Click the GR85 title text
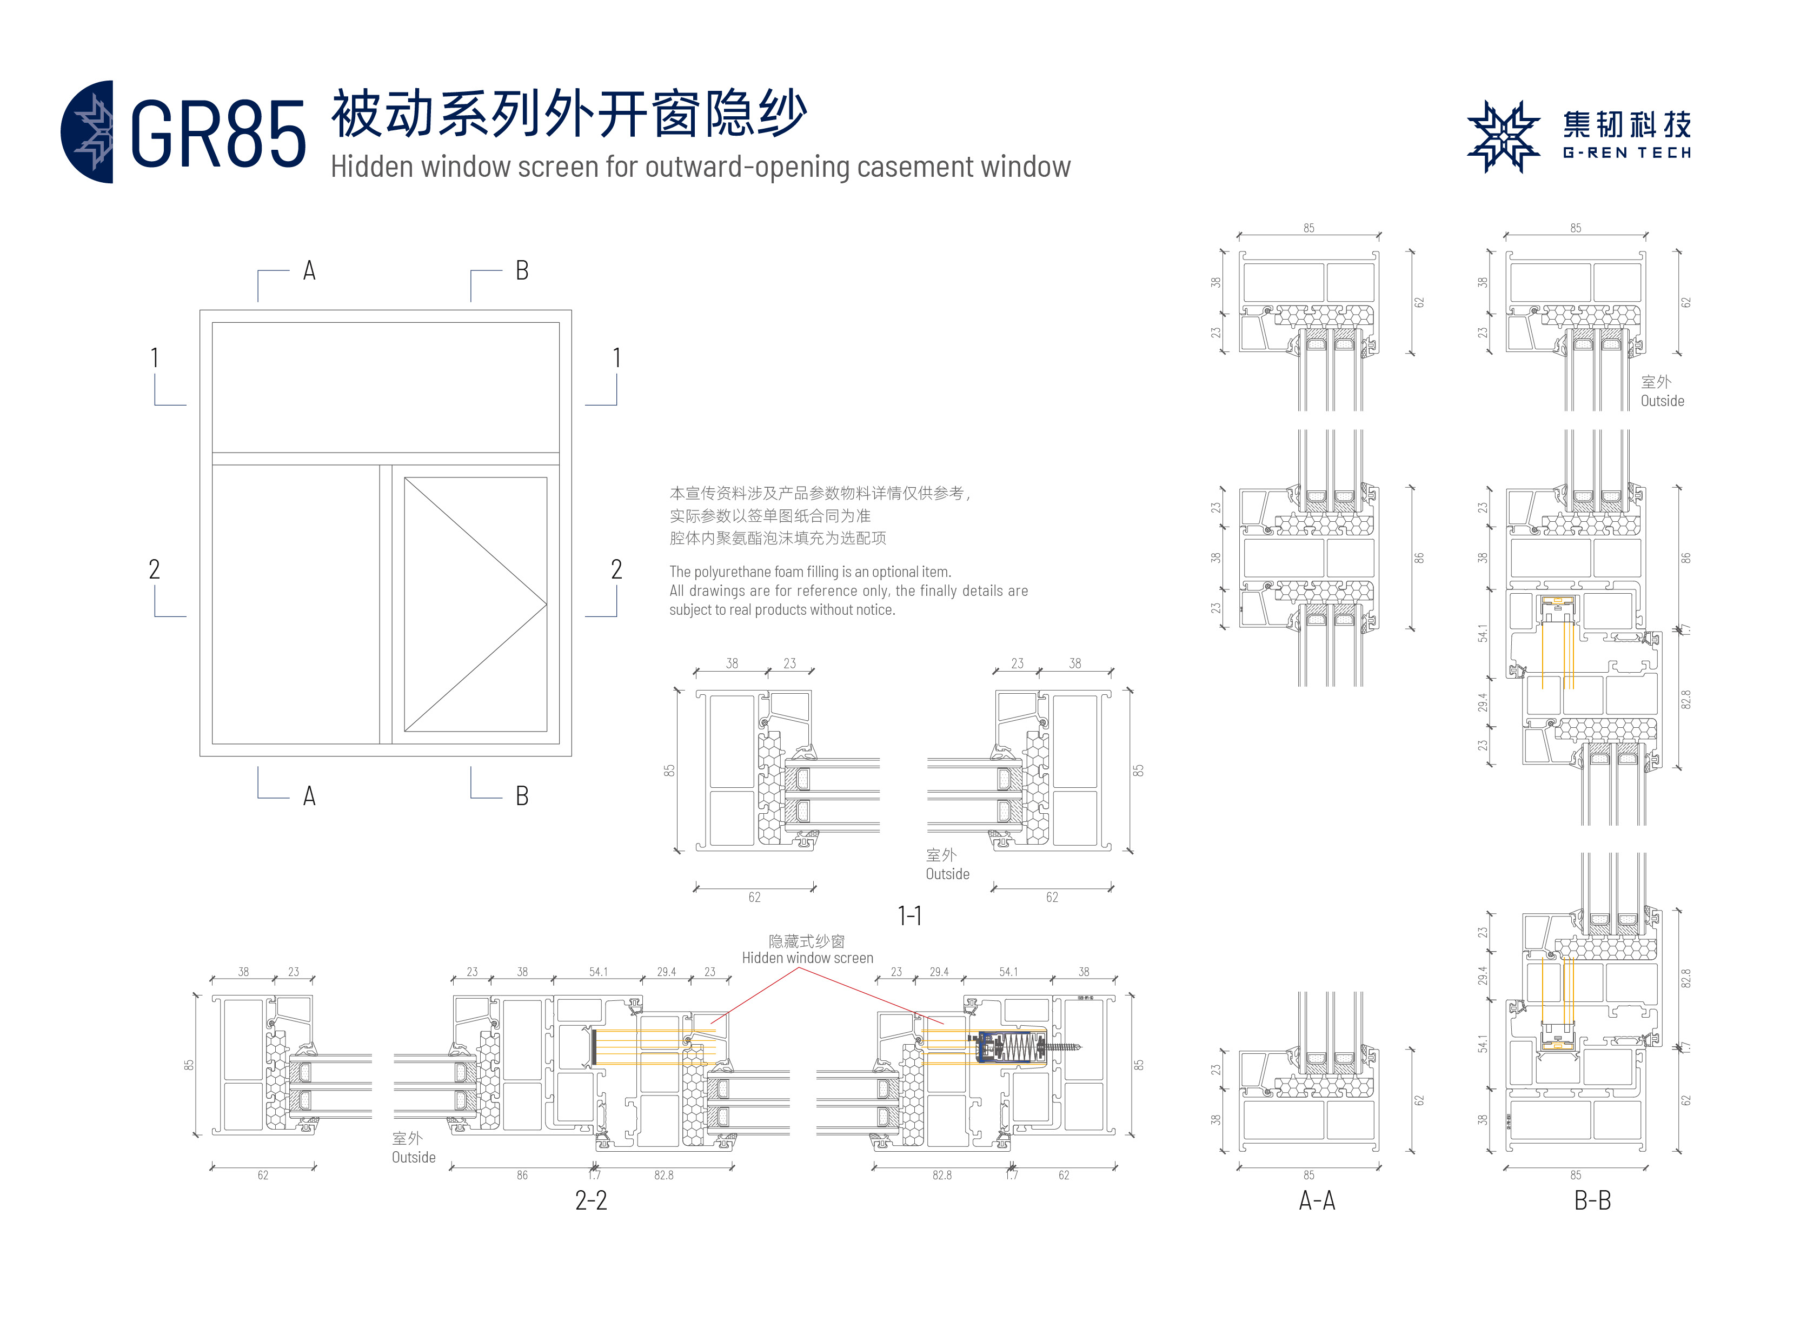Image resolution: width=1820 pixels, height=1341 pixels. coord(217,135)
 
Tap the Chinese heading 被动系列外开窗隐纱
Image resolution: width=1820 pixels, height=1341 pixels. coord(568,114)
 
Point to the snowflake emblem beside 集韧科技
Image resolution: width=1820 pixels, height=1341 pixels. coord(1503,136)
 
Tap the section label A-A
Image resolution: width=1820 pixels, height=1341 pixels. coord(1316,1200)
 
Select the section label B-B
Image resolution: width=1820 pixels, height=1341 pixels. coord(1592,1200)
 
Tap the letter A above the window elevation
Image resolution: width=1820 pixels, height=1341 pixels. coord(309,270)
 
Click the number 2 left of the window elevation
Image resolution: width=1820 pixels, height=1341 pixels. coord(154,569)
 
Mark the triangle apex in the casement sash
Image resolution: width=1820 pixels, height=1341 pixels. coord(546,604)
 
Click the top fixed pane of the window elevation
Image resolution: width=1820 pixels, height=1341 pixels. coord(386,387)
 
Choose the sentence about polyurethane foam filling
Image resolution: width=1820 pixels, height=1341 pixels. coord(809,572)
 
